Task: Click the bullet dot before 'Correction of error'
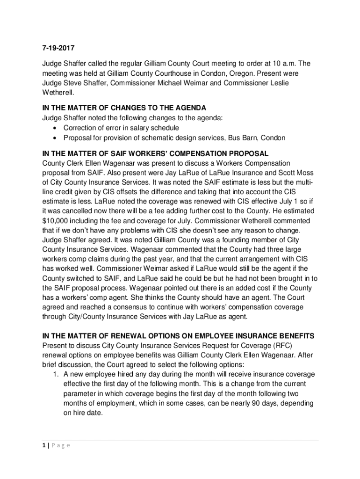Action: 56,128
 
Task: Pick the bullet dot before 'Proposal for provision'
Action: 56,138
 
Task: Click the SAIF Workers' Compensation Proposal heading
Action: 155,153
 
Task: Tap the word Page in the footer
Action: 60,445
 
